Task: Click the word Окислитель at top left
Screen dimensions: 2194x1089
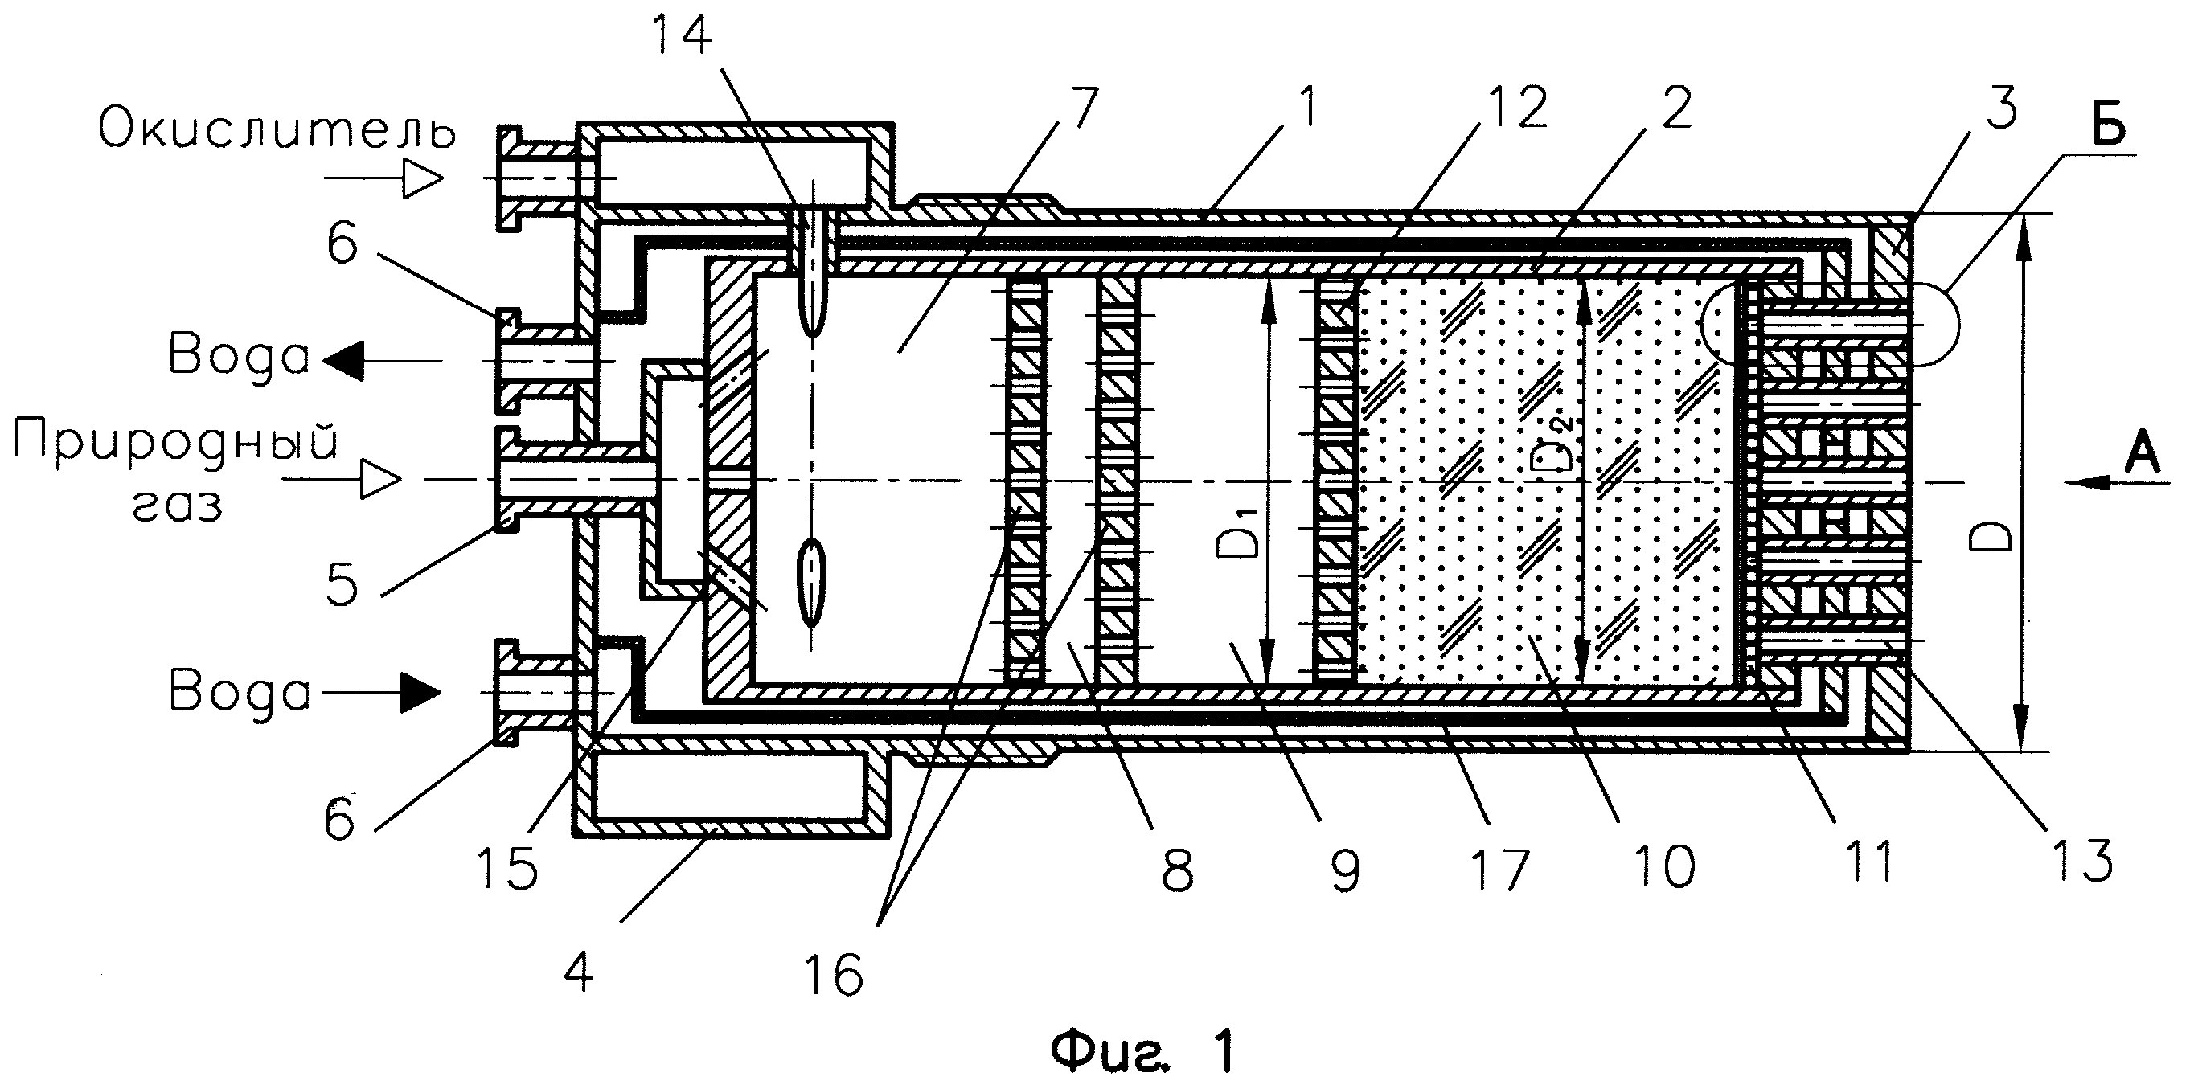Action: [x=277, y=130]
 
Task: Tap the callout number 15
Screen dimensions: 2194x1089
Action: [x=507, y=868]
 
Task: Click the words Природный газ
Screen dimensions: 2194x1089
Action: [x=176, y=473]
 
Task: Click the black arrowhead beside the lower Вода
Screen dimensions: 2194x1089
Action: [x=420, y=692]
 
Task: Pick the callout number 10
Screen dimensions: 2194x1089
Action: [x=1664, y=868]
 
